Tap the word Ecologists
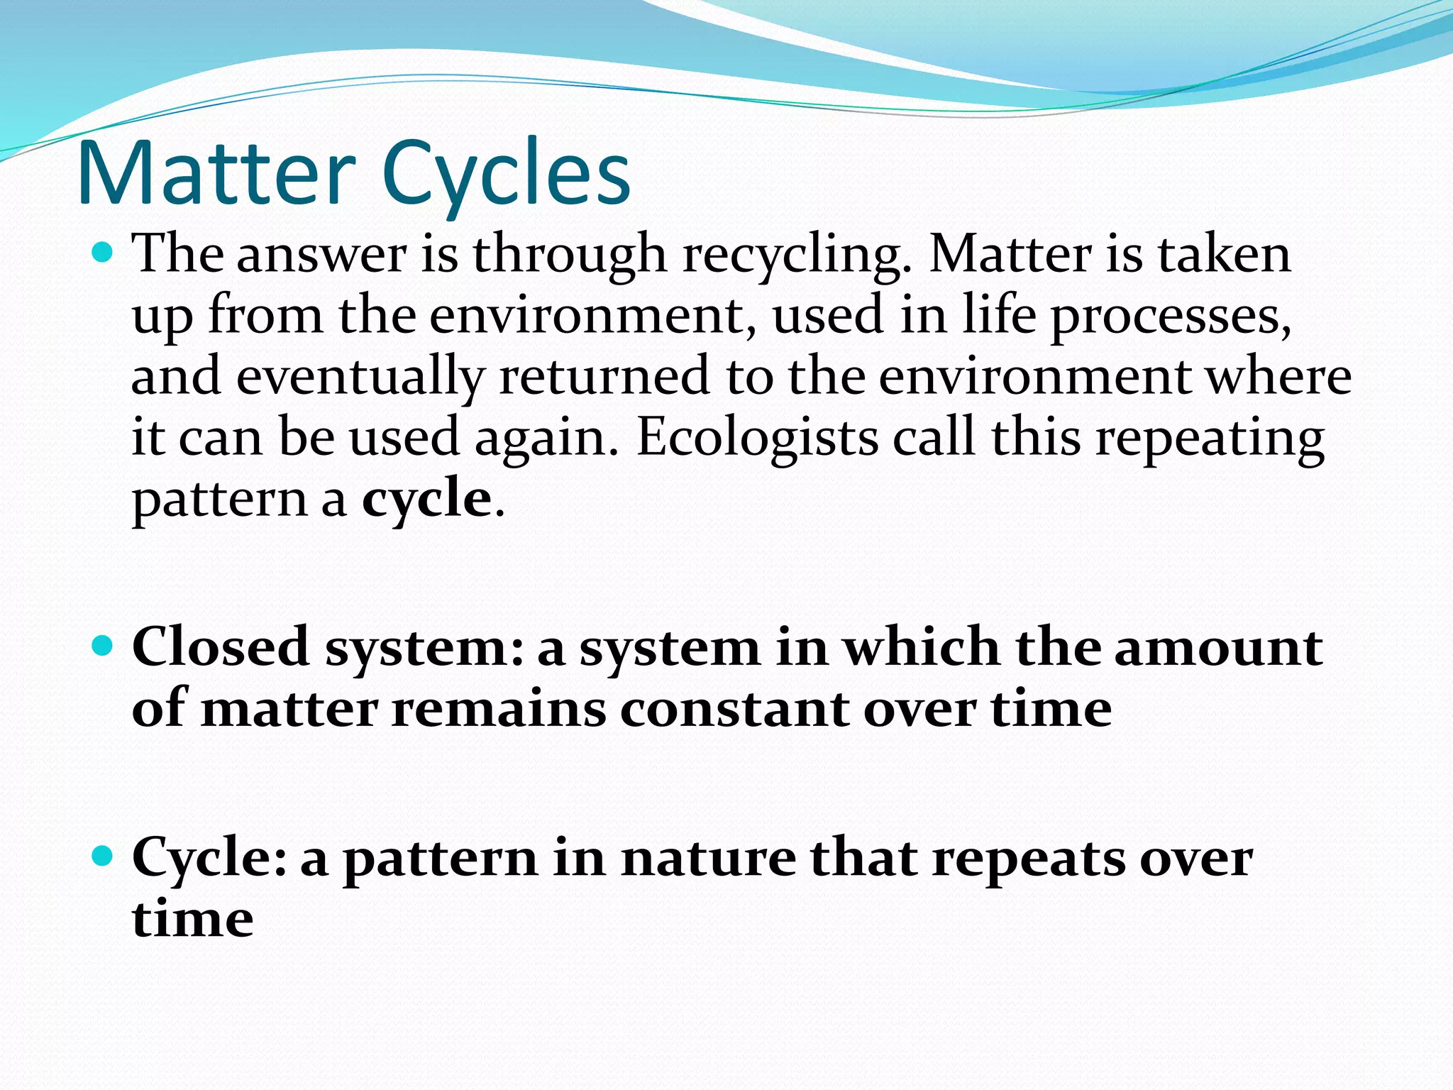coord(757,438)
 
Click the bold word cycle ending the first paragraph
coord(426,500)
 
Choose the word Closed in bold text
coord(221,647)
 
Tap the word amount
coord(1217,647)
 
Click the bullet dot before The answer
coord(104,252)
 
